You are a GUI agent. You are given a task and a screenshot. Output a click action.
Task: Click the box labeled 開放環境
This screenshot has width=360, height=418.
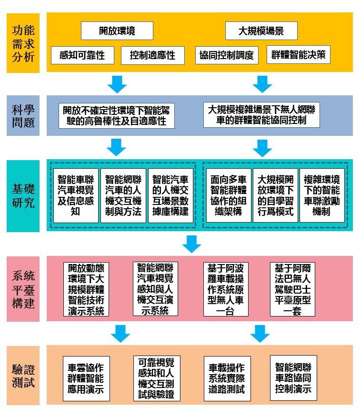click(117, 31)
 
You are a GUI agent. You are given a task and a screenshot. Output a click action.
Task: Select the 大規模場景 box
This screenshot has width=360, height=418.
click(261, 31)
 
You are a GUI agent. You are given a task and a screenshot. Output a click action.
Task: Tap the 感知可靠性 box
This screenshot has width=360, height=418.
click(82, 55)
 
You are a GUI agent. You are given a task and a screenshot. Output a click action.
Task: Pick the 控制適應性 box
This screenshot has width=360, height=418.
click(153, 55)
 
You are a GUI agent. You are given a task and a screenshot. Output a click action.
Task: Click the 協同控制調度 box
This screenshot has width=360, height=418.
click(227, 55)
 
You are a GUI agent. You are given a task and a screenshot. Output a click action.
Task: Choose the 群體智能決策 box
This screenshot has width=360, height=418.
click(299, 55)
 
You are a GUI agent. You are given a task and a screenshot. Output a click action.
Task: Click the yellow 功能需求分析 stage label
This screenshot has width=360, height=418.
click(23, 43)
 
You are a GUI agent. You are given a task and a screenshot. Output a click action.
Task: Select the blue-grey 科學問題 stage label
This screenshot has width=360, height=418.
click(23, 116)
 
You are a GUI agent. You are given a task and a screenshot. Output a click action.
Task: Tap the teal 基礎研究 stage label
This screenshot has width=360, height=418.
click(23, 196)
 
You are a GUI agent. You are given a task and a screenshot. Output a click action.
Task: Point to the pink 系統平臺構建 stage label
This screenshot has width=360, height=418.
click(23, 289)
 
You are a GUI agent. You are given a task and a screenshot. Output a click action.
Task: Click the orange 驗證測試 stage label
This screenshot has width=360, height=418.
click(23, 376)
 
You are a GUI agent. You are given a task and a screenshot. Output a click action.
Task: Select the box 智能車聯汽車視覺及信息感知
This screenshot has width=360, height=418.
click(76, 195)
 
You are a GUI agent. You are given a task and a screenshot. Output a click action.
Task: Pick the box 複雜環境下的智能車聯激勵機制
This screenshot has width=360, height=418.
click(322, 195)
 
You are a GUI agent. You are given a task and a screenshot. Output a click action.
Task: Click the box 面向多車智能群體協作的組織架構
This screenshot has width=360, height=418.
click(229, 195)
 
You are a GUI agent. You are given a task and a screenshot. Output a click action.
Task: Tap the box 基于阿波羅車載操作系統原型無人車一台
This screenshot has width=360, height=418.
click(226, 289)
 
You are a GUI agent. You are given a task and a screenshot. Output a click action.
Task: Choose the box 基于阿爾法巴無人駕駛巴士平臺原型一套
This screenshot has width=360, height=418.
click(293, 289)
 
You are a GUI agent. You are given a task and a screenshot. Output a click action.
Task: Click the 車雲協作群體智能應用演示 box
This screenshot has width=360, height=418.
click(86, 378)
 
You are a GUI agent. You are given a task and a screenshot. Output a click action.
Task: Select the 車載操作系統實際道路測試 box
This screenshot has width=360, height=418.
click(227, 378)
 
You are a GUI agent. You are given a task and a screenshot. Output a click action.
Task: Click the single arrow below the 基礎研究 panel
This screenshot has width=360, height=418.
click(192, 244)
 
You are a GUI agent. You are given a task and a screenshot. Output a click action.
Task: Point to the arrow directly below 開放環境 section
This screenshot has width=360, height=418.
click(117, 84)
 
